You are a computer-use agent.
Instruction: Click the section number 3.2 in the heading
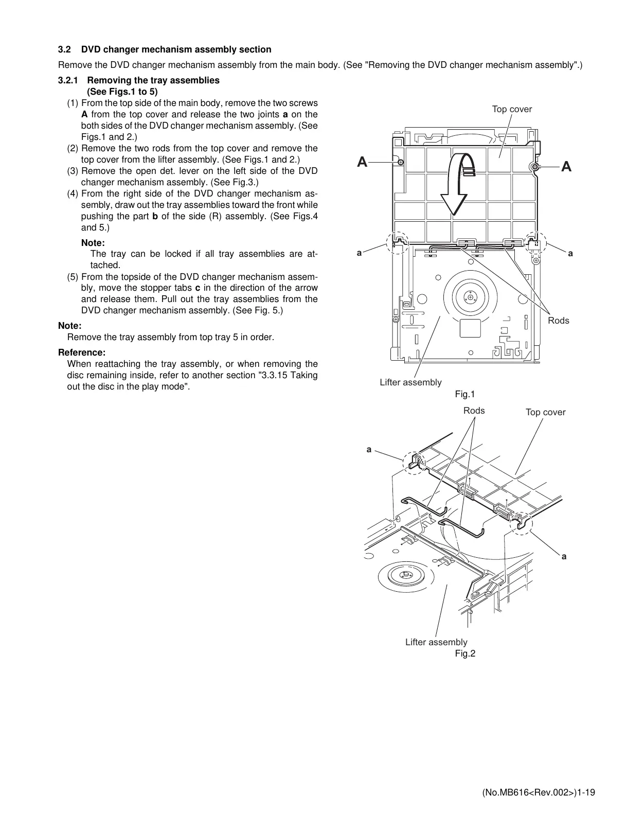click(64, 50)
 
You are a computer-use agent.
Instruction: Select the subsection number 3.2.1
click(67, 80)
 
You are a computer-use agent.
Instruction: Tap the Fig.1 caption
click(464, 394)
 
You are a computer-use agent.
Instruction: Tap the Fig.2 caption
click(465, 653)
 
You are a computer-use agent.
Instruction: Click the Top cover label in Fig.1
click(512, 109)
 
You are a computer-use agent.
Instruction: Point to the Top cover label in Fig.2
click(545, 412)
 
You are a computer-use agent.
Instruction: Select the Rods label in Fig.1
click(558, 321)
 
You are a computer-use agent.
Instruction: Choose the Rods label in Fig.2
click(474, 410)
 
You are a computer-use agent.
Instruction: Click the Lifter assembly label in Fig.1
click(410, 382)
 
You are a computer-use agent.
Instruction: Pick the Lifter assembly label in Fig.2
click(436, 642)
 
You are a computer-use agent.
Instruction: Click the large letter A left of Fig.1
click(363, 163)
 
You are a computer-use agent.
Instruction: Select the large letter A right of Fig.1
click(566, 167)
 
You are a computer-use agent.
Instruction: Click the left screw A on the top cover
click(401, 163)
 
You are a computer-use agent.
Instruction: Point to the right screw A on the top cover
click(535, 167)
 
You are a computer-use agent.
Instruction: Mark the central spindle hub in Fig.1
click(471, 297)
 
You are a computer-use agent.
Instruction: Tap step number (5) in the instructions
click(74, 277)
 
